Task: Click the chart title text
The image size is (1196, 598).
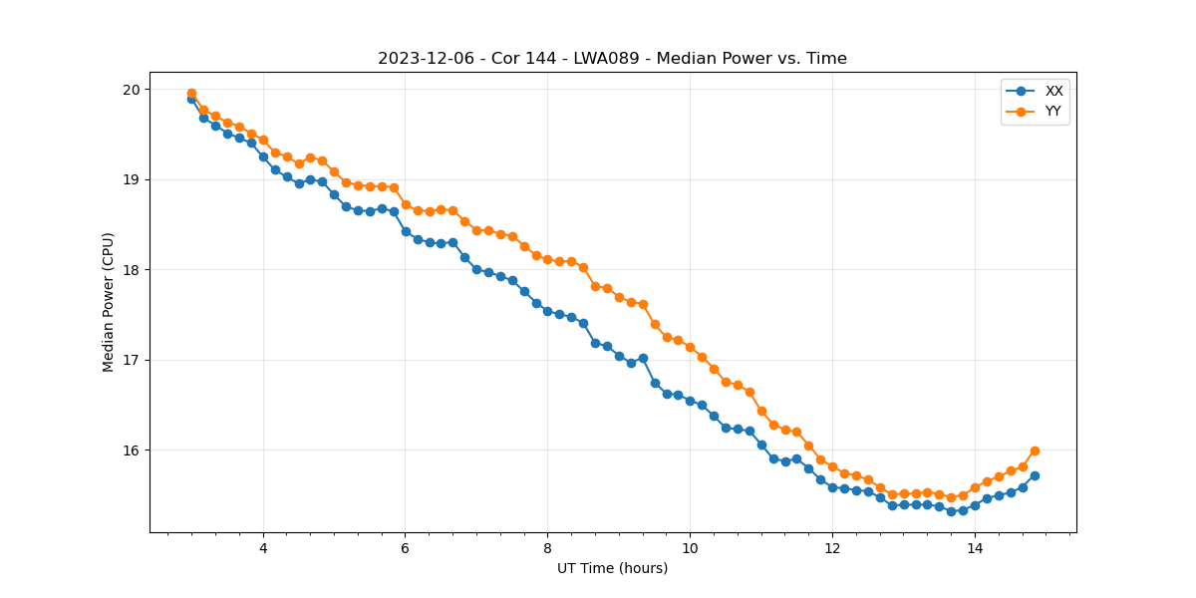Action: (612, 59)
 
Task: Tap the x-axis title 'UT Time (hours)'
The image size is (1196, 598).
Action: (612, 568)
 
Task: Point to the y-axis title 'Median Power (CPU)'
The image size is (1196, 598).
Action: (109, 302)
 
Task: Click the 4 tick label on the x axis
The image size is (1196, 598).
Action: (263, 548)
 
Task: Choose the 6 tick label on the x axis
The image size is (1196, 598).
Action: (406, 548)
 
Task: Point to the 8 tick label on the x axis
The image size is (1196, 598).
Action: (547, 548)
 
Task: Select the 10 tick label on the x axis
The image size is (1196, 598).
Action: (690, 548)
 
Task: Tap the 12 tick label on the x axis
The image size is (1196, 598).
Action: (832, 548)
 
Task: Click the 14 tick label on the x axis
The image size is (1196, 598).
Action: (975, 548)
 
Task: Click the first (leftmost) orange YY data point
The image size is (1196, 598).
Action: (191, 94)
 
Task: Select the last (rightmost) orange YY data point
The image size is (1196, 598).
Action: (1035, 450)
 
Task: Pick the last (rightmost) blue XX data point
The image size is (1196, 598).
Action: (1035, 475)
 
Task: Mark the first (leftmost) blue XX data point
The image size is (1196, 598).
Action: (191, 100)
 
